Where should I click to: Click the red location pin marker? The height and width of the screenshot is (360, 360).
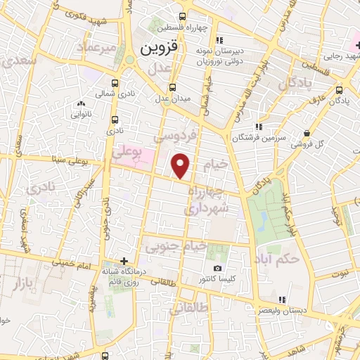[181, 166]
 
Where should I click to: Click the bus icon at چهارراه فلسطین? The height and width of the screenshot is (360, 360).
[183, 16]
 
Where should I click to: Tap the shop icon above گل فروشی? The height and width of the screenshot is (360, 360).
[307, 134]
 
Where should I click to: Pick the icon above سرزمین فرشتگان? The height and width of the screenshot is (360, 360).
[259, 127]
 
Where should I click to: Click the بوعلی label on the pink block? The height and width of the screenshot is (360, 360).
[127, 150]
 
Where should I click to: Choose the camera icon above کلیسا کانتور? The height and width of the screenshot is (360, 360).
[217, 268]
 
